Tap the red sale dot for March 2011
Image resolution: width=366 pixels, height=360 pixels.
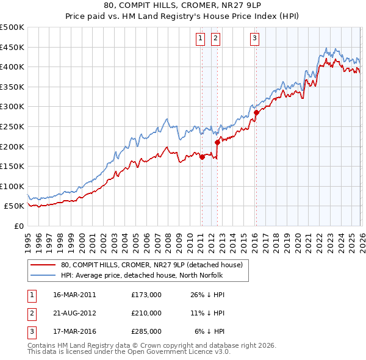(202, 157)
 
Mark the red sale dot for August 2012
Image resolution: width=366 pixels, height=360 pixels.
(217, 142)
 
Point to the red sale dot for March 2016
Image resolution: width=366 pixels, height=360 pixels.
(256, 112)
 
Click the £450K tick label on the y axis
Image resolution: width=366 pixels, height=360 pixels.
(12, 47)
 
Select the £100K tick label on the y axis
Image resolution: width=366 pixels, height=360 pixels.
(12, 186)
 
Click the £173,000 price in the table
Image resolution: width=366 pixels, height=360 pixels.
(146, 295)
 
